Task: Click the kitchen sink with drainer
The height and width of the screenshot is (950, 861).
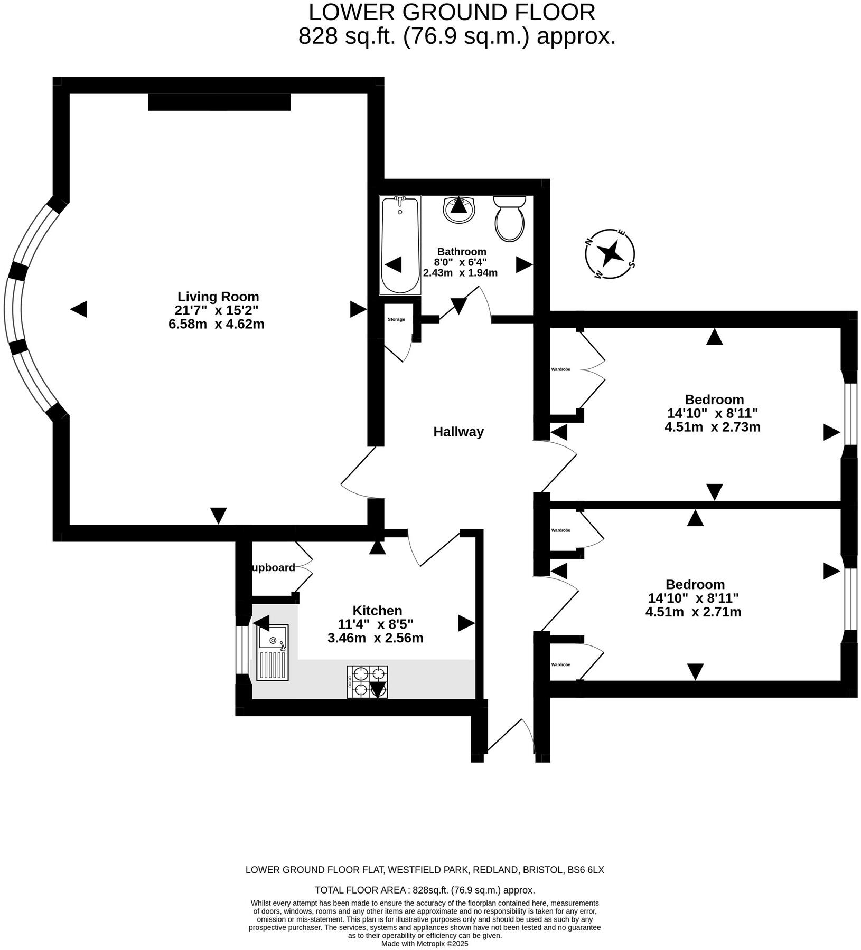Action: tap(273, 652)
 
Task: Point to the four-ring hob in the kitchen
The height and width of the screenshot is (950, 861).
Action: tap(367, 682)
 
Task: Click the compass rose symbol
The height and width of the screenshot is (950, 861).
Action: tap(610, 254)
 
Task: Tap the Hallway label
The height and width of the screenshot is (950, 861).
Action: tap(458, 432)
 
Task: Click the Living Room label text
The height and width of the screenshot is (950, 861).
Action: tap(218, 297)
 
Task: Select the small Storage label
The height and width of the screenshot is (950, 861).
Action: tap(396, 319)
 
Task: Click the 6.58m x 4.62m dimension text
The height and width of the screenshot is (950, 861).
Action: tap(217, 324)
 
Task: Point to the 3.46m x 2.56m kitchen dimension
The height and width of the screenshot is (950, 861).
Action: tap(375, 638)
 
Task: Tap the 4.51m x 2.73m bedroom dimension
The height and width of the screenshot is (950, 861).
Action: tap(712, 427)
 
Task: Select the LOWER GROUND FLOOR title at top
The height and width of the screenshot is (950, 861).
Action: tap(452, 12)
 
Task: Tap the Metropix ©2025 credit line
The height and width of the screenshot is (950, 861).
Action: tap(425, 944)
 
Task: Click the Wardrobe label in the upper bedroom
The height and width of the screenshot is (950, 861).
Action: tap(560, 369)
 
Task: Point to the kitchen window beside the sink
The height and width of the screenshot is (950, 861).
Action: tap(242, 650)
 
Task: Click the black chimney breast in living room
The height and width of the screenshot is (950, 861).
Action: tap(219, 102)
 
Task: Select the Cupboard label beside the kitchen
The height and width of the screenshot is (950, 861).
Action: tap(273, 568)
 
